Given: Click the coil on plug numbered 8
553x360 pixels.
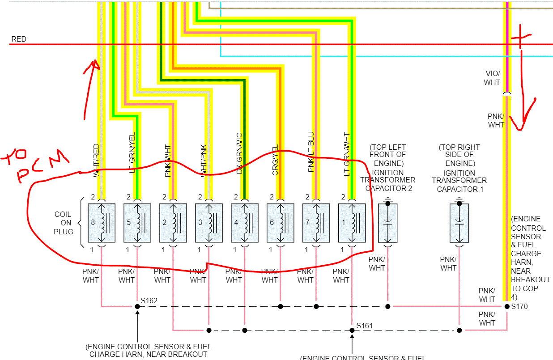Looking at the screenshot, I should [x=102, y=223].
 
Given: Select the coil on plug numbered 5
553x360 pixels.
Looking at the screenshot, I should [x=137, y=223].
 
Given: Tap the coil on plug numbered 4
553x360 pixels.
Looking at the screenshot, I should [x=245, y=223].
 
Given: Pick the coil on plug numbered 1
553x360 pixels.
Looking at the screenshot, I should [x=352, y=223].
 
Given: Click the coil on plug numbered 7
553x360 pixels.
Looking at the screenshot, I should [x=316, y=223].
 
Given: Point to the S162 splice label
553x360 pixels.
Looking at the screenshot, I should [x=149, y=301].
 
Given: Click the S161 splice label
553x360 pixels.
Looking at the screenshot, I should [x=364, y=326].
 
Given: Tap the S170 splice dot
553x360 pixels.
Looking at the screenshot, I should [x=507, y=306].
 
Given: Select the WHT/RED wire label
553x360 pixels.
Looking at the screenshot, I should [x=96, y=161].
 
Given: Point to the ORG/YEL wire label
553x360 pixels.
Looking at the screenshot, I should [x=276, y=160].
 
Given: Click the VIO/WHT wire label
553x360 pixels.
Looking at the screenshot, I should [x=493, y=78].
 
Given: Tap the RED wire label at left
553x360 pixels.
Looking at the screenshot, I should [x=19, y=39].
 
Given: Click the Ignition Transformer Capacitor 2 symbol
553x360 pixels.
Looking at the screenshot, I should [x=388, y=222].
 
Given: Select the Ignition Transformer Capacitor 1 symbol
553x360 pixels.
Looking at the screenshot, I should [x=459, y=222].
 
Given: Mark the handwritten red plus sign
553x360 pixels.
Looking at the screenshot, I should [x=520, y=42].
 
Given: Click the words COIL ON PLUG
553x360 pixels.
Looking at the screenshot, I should [x=63, y=223].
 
